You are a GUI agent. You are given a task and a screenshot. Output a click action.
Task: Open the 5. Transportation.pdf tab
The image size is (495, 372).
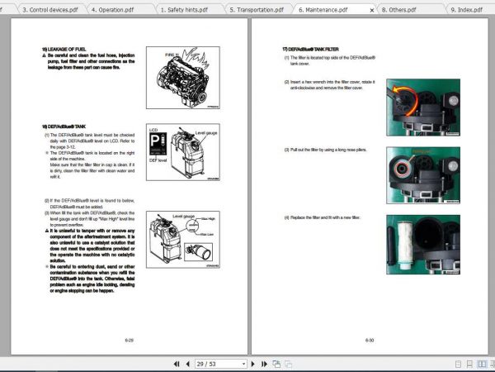257,9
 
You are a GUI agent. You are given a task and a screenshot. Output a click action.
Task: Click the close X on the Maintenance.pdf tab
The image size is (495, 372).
373,9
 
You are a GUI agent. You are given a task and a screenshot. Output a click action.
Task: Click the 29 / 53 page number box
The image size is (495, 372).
220,364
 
